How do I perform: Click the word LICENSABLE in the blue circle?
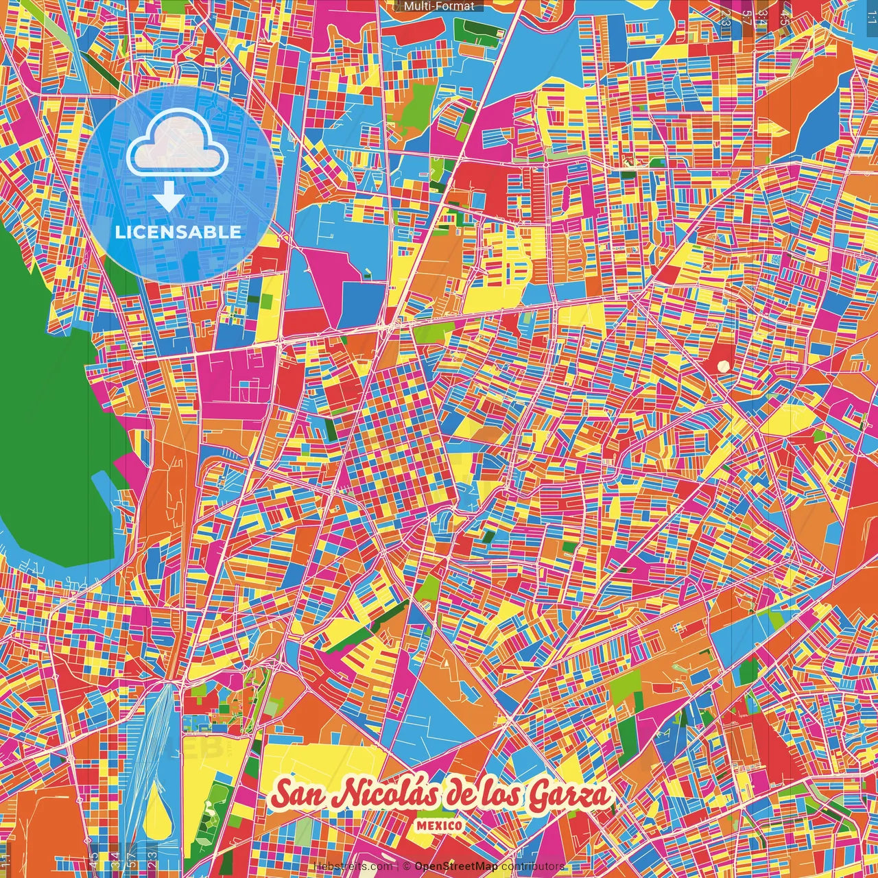[178, 232]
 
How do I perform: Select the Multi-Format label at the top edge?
[439, 6]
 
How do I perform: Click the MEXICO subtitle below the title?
[439, 826]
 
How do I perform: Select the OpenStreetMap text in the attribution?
[456, 867]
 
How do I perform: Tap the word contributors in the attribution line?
[533, 867]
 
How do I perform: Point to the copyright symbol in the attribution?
[407, 867]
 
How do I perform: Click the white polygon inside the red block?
[723, 366]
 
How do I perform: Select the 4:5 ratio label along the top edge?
[785, 15]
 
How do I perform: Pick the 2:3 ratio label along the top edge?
[725, 15]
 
